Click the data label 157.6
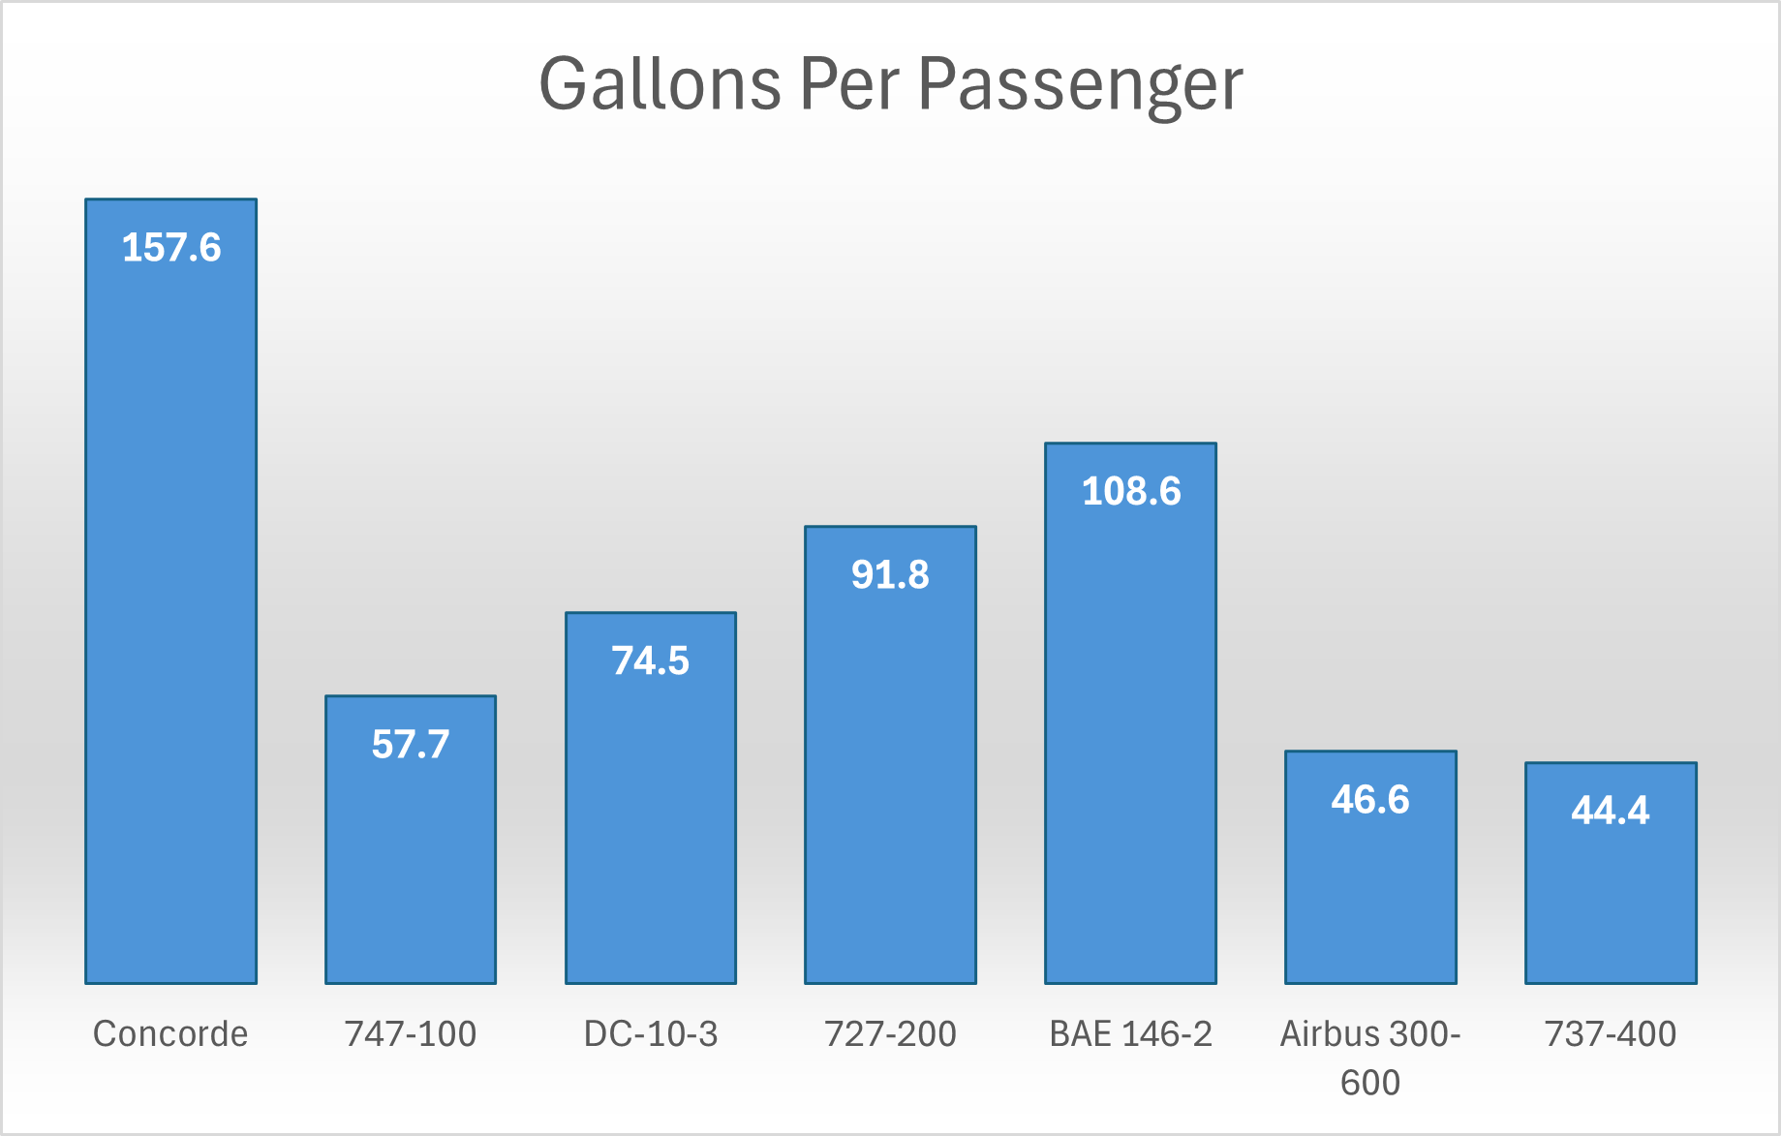pyautogui.click(x=171, y=248)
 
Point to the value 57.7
pyautogui.click(x=411, y=745)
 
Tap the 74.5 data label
pyautogui.click(x=651, y=661)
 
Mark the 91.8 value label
pyautogui.click(x=890, y=575)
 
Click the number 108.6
pyautogui.click(x=1131, y=492)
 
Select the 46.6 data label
pyautogui.click(x=1370, y=800)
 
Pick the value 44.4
pyautogui.click(x=1610, y=811)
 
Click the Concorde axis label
pyautogui.click(x=170, y=1034)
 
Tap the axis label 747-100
pyautogui.click(x=411, y=1034)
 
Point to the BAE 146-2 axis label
pyautogui.click(x=1130, y=1034)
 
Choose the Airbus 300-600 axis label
pyautogui.click(x=1370, y=1058)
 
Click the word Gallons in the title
pyautogui.click(x=660, y=85)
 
